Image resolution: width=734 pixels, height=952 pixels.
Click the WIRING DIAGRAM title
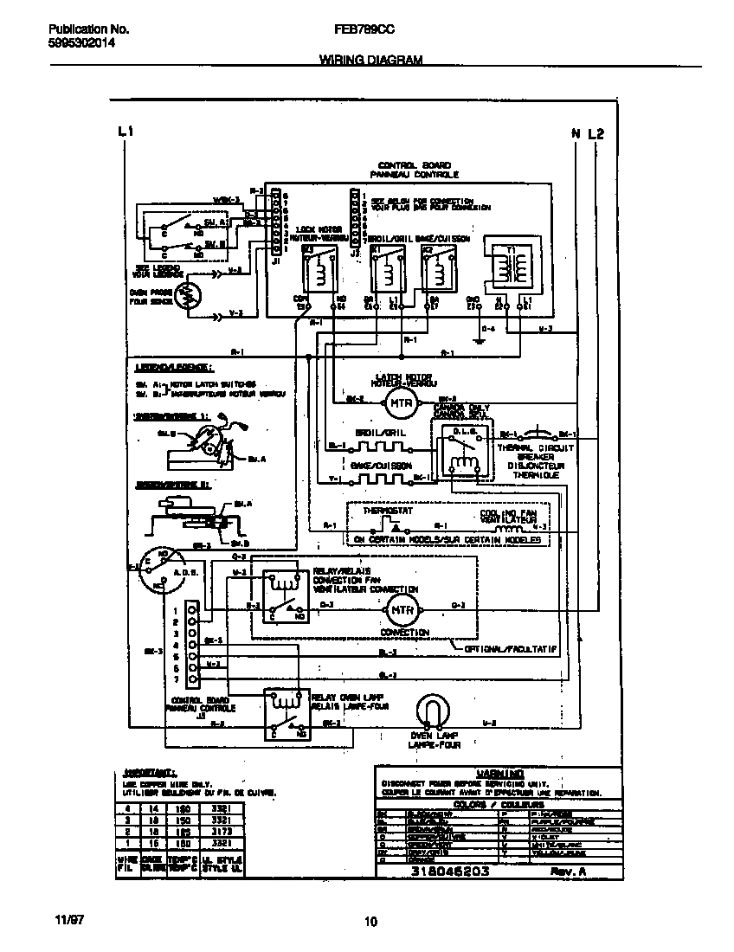[370, 60]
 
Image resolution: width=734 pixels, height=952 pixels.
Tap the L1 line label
[125, 132]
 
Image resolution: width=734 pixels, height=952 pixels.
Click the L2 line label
[596, 133]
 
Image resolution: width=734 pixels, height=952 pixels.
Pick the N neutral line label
[576, 133]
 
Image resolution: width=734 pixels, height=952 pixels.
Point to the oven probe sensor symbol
[186, 297]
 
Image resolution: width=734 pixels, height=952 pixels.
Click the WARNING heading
[499, 773]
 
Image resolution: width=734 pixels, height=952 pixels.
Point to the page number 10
[370, 922]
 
